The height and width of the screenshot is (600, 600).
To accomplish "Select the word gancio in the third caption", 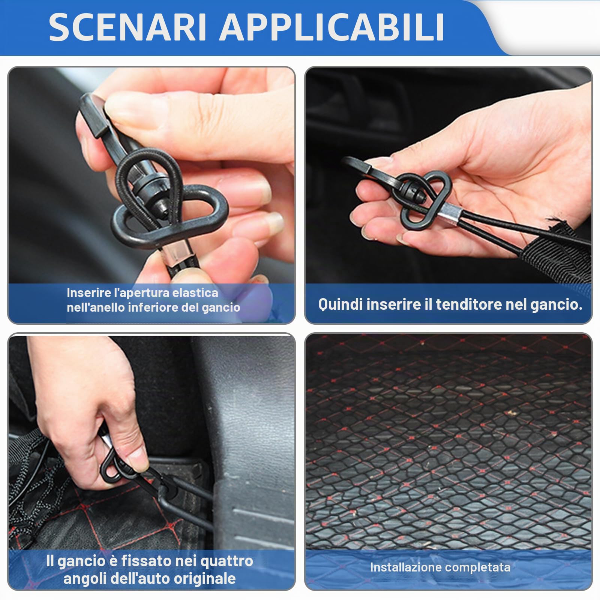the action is click(81, 561).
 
